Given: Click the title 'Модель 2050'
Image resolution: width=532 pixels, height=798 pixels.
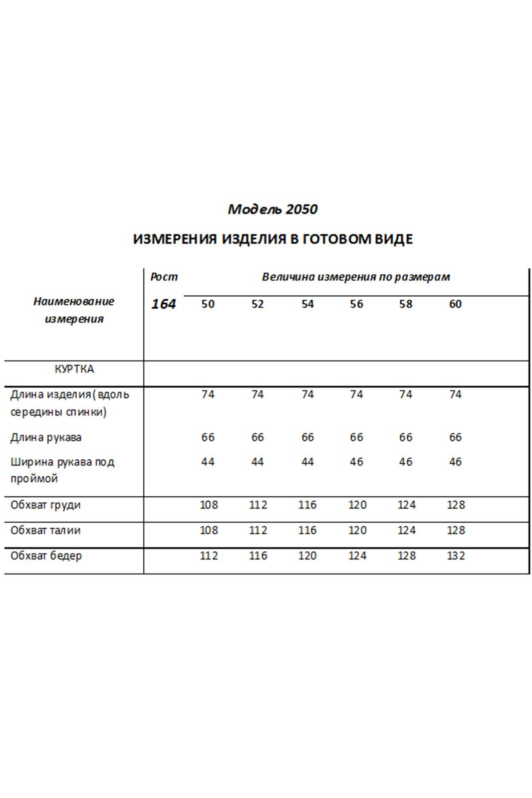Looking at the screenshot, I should [x=272, y=209].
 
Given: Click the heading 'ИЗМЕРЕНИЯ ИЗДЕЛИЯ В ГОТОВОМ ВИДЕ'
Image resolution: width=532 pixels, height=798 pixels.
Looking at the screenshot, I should [x=272, y=239].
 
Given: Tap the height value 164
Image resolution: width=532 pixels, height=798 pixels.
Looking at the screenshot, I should [x=164, y=304].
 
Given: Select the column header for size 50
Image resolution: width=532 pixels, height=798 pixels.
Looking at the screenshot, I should [x=208, y=304].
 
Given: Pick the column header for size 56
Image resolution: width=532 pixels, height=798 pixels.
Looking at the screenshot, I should [x=356, y=304].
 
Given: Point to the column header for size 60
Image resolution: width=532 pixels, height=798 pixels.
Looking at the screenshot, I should [x=455, y=304].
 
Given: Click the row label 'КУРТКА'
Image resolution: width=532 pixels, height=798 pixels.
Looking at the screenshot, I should [x=74, y=369].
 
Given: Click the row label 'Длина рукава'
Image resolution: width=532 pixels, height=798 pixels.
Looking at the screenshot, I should [x=46, y=437].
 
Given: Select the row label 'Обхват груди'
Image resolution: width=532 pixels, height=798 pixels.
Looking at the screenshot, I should [x=45, y=505].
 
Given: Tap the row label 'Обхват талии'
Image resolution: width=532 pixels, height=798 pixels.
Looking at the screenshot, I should [x=45, y=530].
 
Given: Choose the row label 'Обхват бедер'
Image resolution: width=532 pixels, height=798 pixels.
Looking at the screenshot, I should [x=46, y=556].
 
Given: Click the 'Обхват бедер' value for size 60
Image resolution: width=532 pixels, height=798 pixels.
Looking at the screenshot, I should [x=456, y=556].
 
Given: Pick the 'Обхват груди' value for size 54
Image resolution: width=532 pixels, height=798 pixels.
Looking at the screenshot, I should [x=307, y=505].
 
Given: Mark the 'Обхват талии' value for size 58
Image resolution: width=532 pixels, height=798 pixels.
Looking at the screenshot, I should [x=406, y=530].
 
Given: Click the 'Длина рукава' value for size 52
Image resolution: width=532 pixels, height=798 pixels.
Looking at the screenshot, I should [x=258, y=437].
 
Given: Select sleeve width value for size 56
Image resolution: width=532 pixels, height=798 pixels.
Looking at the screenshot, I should [x=356, y=462].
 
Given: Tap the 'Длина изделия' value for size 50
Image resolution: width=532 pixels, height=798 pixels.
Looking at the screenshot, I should [x=208, y=395].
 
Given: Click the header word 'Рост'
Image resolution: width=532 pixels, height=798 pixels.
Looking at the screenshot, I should [x=164, y=277].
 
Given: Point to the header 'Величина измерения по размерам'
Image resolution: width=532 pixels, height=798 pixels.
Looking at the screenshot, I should [x=356, y=277].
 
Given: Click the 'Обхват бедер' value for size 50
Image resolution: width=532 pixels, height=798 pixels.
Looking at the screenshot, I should [x=209, y=556].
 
